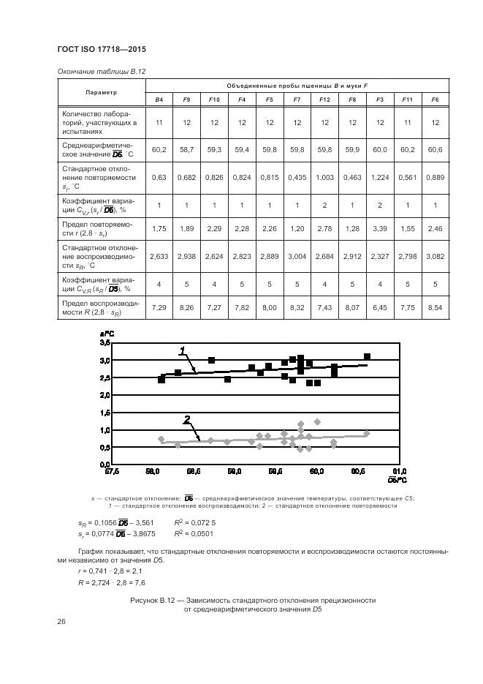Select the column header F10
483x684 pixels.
214,99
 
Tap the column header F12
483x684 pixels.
324,99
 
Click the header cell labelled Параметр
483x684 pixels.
101,92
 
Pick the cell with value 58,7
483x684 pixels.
186,149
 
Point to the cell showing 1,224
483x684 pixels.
380,177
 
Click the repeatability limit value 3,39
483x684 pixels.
380,229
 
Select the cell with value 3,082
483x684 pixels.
435,257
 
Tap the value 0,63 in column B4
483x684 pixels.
159,177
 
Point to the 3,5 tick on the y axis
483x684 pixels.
104,343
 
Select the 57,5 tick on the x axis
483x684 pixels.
112,472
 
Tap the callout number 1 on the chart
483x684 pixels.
182,351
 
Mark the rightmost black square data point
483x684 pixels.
367,356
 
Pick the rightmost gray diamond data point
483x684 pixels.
367,434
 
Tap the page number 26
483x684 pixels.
61,622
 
